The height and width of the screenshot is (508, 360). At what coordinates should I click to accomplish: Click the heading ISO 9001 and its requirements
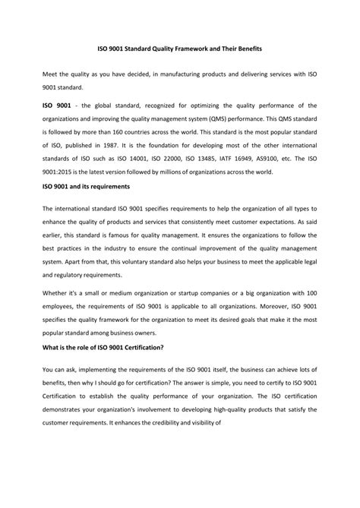click(87, 185)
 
